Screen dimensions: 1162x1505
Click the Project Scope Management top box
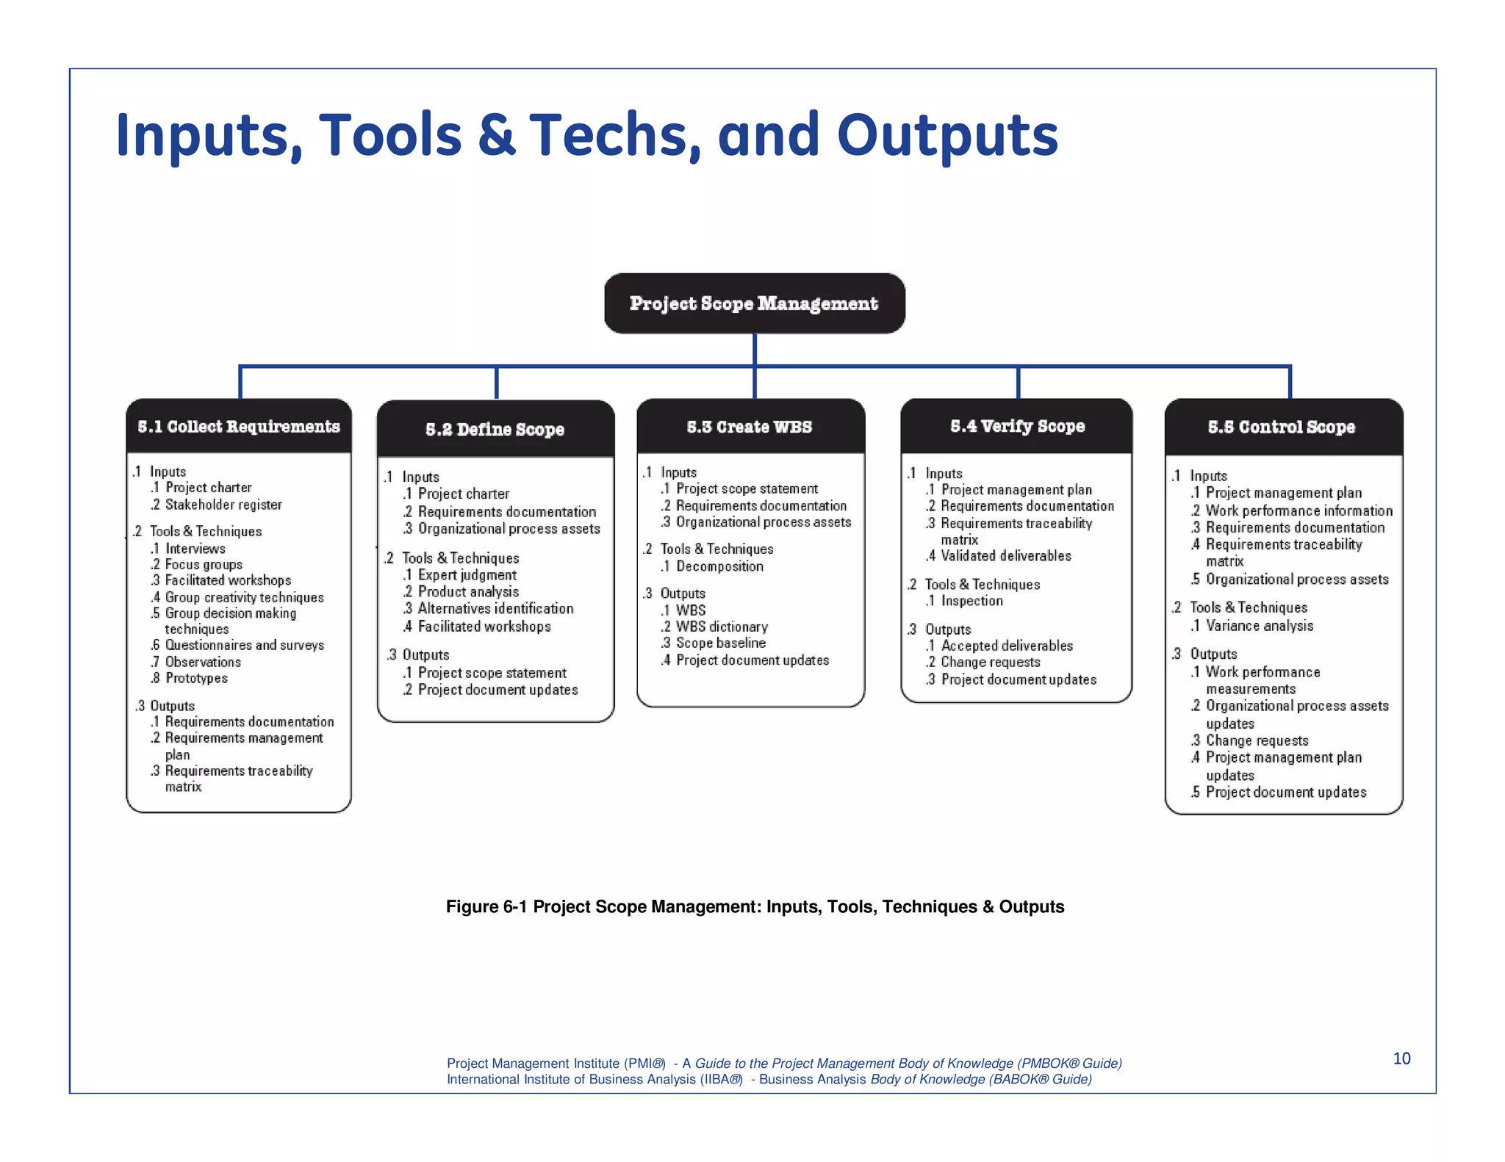(x=754, y=303)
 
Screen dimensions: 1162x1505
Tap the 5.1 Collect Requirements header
(x=239, y=427)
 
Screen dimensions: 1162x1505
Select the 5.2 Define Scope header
(x=495, y=430)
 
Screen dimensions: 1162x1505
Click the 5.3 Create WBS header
(x=750, y=427)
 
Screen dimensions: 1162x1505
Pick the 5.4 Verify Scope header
(x=1017, y=426)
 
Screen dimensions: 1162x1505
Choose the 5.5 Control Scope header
(x=1282, y=427)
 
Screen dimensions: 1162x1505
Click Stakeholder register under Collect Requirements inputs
(x=223, y=505)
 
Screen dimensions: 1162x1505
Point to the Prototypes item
(x=195, y=678)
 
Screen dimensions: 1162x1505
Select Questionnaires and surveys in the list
(x=244, y=645)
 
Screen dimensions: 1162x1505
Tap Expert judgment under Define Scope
(x=467, y=575)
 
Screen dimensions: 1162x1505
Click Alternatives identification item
(x=495, y=609)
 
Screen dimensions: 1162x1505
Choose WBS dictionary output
(x=721, y=627)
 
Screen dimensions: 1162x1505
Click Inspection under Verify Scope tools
(x=971, y=601)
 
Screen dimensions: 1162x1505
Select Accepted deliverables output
(x=1006, y=646)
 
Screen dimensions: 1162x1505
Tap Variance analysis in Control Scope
(x=1259, y=626)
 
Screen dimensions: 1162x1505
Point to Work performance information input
(x=1299, y=510)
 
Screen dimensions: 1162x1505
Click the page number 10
(x=1401, y=1058)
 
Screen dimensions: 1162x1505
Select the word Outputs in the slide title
(x=947, y=136)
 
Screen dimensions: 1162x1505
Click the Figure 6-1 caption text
(x=755, y=906)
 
